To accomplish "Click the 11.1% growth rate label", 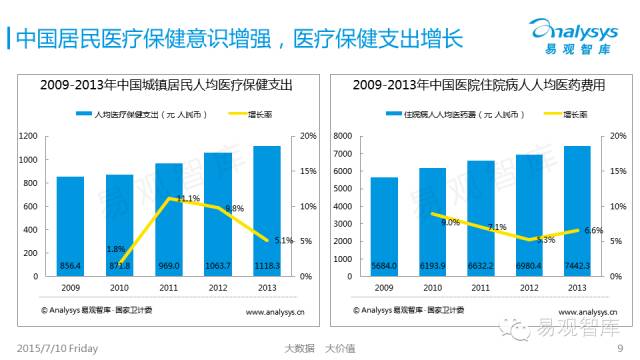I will pos(188,198).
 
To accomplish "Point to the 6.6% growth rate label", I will pos(593,231).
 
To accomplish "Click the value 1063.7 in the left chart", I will pos(217,265).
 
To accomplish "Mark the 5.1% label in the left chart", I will pos(282,240).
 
